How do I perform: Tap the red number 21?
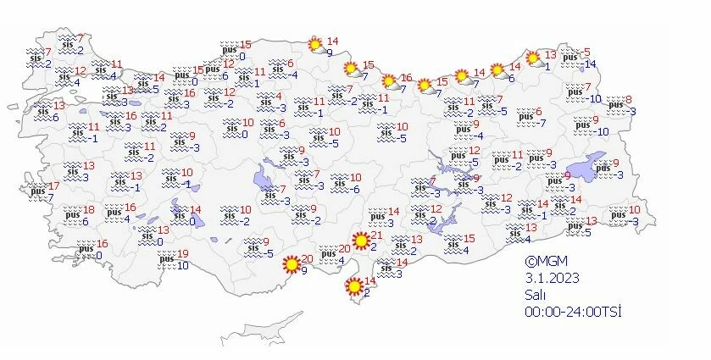(378, 235)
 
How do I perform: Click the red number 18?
(88, 210)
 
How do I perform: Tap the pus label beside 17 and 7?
(36, 191)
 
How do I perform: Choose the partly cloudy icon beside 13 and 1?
(535, 58)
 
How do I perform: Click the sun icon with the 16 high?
(391, 82)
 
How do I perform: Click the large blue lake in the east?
(584, 164)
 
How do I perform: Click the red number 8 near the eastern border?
(628, 101)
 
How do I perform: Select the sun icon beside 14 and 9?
(314, 43)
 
